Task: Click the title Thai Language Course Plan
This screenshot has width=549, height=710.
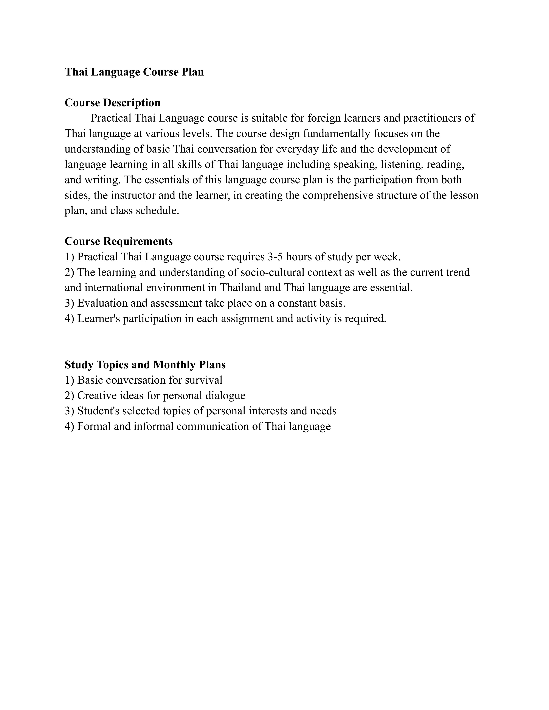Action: click(134, 72)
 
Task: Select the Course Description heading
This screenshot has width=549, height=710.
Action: click(113, 103)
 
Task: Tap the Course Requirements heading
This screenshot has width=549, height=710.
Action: click(118, 241)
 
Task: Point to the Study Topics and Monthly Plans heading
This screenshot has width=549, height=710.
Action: click(145, 365)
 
